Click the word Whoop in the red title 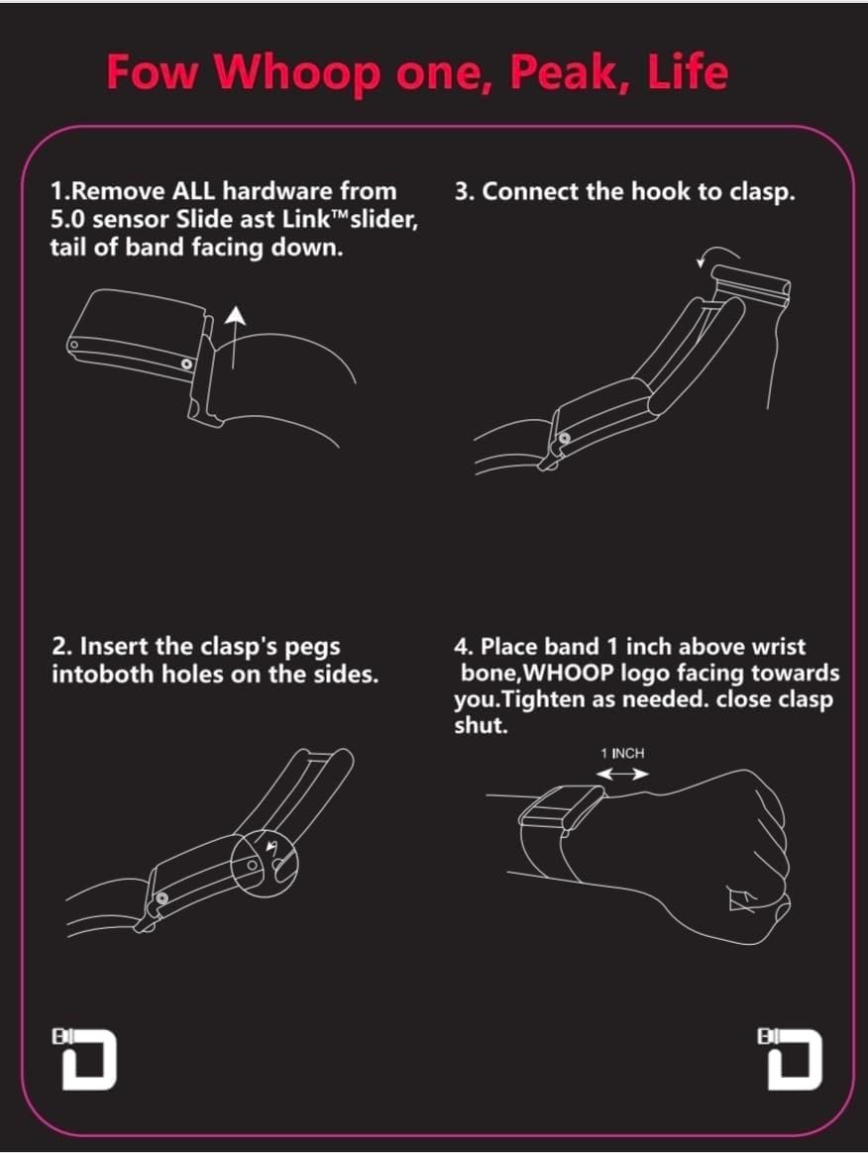[298, 74]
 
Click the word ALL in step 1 [193, 191]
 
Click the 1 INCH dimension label [622, 753]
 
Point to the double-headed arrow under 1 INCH [622, 774]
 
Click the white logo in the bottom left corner [84, 1058]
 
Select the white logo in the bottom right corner [790, 1058]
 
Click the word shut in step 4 [481, 726]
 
